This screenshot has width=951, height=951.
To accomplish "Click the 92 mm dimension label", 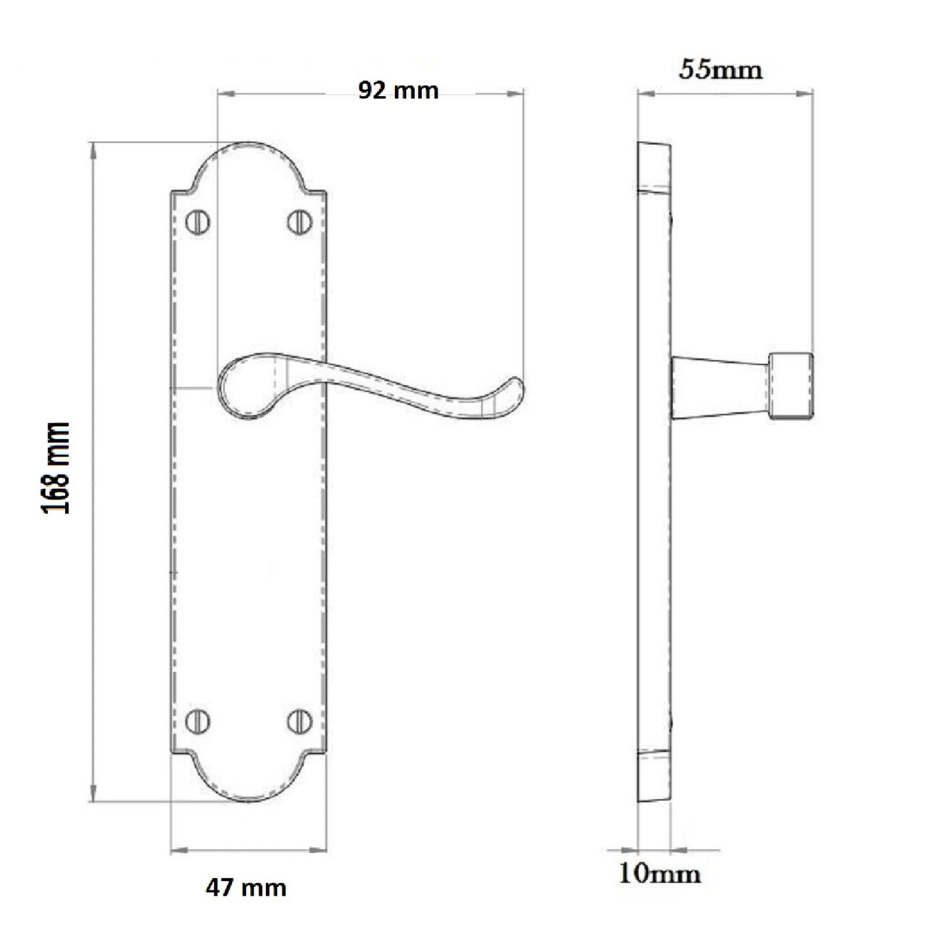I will (x=398, y=90).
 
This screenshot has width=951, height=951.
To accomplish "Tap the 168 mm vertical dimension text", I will (x=55, y=468).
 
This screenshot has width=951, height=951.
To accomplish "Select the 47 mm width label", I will (x=246, y=888).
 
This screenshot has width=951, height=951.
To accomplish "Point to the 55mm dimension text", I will (x=721, y=69).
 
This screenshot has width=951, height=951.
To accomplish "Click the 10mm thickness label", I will (x=659, y=873).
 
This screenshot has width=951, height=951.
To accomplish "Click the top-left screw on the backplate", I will (x=197, y=222).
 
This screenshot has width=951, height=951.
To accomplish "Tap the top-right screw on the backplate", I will (x=299, y=222).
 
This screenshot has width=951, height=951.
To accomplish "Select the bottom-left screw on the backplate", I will (x=197, y=721).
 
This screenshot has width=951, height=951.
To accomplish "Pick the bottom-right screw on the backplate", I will (x=299, y=721).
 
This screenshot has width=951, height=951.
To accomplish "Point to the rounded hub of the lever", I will (x=244, y=388).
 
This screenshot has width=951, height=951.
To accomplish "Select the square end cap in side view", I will (x=792, y=386).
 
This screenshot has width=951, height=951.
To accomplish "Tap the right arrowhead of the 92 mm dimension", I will (x=517, y=94).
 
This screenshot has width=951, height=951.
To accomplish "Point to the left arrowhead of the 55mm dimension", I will (x=645, y=94).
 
